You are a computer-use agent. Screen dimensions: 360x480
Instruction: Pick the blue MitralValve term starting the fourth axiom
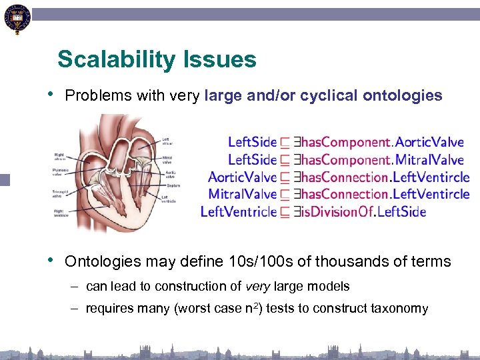tap(242, 194)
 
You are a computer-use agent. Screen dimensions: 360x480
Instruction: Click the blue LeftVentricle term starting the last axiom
tap(238, 211)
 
